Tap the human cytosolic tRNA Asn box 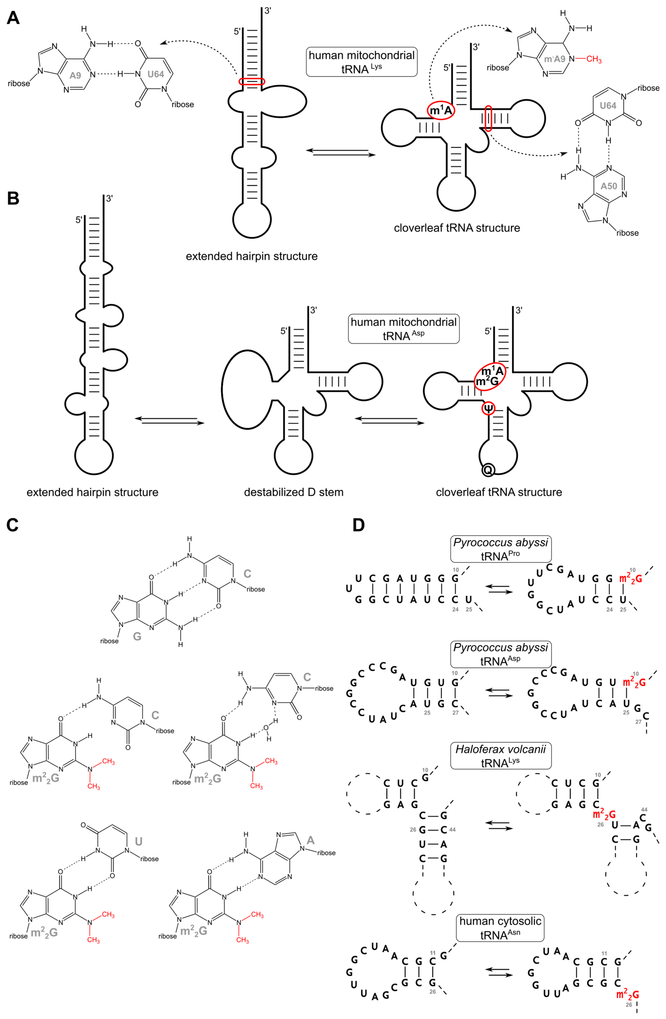[500, 928]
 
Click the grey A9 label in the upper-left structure [75, 76]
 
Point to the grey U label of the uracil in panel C [139, 842]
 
